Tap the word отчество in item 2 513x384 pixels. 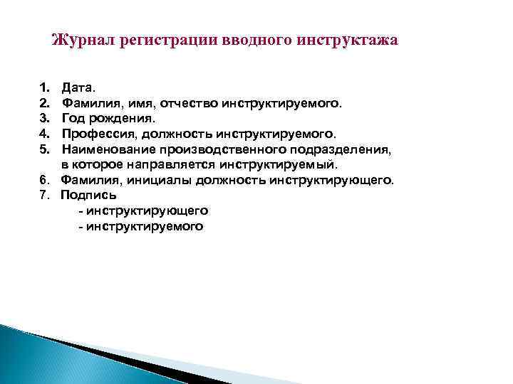[189, 104]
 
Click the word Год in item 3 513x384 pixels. [72, 119]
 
